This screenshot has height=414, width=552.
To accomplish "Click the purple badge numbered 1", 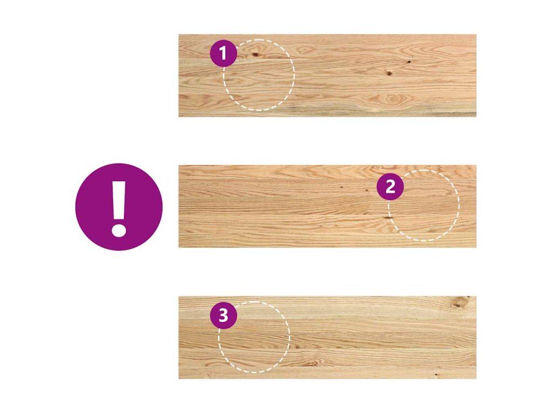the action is [223, 53].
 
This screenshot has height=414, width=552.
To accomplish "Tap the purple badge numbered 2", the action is [390, 187].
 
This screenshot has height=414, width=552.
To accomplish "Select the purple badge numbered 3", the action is [224, 315].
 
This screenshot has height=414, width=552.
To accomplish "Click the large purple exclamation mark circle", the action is [119, 207].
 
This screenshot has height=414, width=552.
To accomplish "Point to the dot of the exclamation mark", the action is [119, 230].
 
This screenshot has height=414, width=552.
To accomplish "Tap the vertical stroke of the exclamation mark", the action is [119, 199].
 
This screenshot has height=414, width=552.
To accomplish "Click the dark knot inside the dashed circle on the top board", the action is [255, 54].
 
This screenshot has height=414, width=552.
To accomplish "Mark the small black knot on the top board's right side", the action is [410, 61].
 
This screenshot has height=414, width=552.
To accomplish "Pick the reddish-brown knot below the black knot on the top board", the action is [389, 73].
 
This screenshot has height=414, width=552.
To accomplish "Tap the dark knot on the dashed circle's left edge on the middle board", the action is [388, 218].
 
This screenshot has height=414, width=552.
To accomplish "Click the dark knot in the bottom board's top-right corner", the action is [458, 302].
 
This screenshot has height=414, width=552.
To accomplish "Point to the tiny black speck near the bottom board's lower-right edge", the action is [437, 374].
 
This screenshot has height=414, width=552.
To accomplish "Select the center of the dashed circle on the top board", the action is [259, 75].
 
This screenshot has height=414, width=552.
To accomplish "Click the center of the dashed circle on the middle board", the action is [424, 205].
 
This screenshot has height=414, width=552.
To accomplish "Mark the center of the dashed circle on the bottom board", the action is [254, 337].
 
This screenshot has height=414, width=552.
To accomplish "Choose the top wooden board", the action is [327, 75].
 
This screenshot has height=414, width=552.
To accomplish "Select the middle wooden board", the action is [327, 206].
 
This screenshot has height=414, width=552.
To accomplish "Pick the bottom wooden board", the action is [327, 337].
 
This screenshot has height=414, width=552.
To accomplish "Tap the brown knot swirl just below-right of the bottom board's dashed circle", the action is [312, 363].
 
